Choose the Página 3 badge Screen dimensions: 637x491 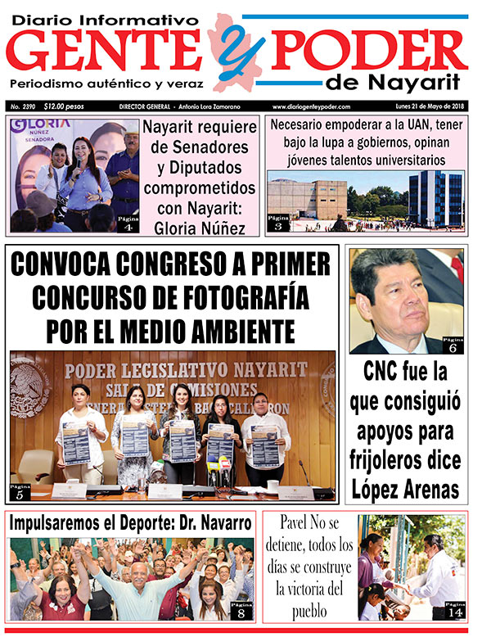[x=278, y=223]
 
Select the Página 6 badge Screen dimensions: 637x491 [x=452, y=345]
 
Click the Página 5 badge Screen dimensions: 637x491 [x=21, y=491]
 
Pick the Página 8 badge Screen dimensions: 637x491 [x=242, y=609]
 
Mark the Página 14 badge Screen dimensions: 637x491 [x=454, y=609]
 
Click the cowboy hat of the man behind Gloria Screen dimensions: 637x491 [x=122, y=133]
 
